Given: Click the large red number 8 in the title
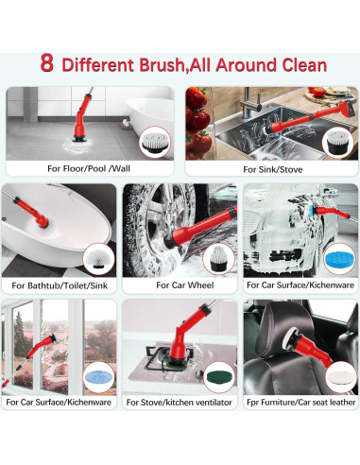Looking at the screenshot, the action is (x=46, y=63).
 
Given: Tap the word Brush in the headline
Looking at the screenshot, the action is (x=162, y=65).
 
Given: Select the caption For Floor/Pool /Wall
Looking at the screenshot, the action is (x=89, y=168).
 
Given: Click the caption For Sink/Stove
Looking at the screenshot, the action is (x=273, y=169).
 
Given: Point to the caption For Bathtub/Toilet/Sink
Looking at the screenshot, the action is (x=60, y=285).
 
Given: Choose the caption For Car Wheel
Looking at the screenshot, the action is (x=185, y=285).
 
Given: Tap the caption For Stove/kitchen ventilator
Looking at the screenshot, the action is (x=179, y=403).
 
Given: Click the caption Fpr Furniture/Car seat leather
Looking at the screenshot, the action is (x=300, y=403).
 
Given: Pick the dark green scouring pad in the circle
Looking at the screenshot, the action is (x=219, y=377).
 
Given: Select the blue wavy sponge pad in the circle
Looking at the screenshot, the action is (x=340, y=259).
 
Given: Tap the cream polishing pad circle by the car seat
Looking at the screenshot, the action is (x=341, y=376).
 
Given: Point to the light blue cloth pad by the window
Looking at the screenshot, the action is (x=99, y=376).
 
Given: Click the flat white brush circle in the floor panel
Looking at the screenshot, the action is (x=155, y=142).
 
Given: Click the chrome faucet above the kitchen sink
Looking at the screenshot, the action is (x=250, y=102).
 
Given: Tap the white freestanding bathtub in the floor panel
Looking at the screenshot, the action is (x=151, y=121).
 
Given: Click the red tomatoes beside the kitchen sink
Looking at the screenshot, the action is (x=197, y=123).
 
